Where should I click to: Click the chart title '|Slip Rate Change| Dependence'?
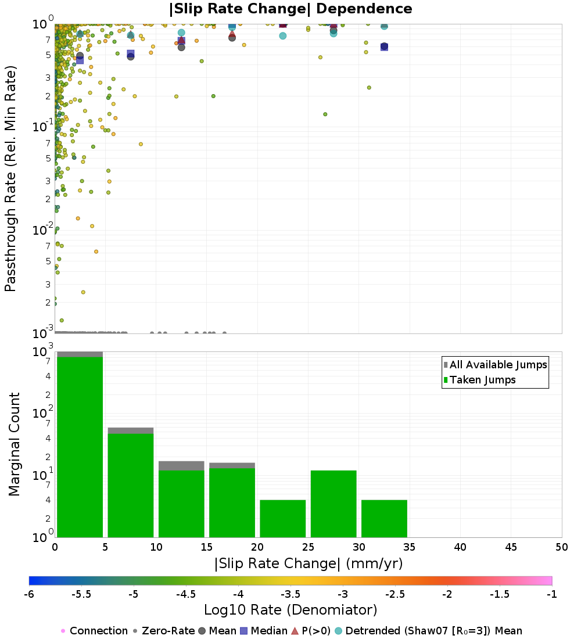[290, 9]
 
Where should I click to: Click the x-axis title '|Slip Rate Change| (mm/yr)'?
[309, 563]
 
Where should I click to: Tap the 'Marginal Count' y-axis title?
[15, 444]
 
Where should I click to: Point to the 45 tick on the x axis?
[511, 547]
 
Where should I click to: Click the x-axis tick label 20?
[257, 547]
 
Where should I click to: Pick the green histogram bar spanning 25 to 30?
[333, 504]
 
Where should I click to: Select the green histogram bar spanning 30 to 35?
[384, 518]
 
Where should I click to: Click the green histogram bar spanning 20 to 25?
[283, 518]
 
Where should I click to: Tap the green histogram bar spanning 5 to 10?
[131, 485]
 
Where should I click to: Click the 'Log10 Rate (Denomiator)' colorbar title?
[290, 610]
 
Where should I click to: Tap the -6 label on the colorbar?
[29, 594]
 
